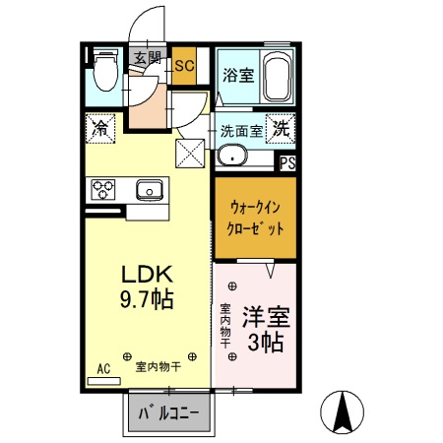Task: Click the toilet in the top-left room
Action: (105, 72)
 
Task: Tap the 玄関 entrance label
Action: (148, 57)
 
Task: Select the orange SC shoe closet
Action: (184, 66)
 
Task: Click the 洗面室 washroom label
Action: (240, 129)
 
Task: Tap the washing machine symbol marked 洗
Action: (281, 127)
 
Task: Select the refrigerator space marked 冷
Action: (100, 127)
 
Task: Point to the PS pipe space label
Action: (288, 164)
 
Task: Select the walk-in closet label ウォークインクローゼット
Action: (256, 217)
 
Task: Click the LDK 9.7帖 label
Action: (147, 285)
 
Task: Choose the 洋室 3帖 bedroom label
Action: (265, 331)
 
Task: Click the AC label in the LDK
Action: (103, 370)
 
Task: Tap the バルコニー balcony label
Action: (168, 413)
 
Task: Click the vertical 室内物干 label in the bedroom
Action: (224, 324)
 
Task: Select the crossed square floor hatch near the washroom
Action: (189, 153)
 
